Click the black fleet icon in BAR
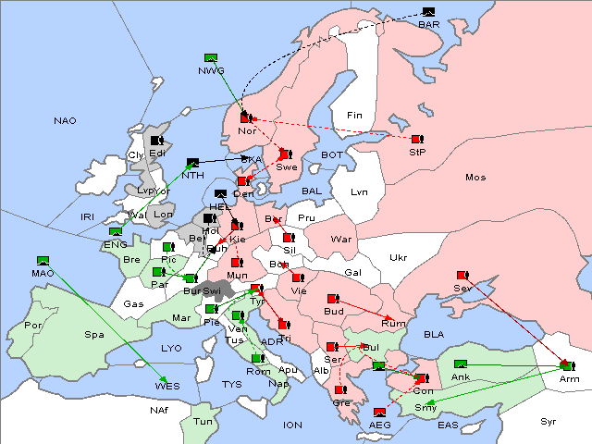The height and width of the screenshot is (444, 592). click(x=428, y=12)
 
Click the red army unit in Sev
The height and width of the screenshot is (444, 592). click(x=462, y=276)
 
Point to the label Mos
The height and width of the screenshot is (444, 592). click(x=475, y=177)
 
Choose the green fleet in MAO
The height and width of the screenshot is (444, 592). click(x=43, y=261)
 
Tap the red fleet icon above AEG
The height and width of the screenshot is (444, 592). click(x=378, y=413)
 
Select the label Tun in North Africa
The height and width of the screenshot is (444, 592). click(x=203, y=422)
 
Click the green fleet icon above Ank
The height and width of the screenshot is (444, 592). click(x=462, y=364)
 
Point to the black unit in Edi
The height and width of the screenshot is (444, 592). click(x=156, y=142)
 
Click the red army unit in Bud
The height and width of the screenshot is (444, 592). click(x=333, y=299)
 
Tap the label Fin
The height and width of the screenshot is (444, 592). click(x=352, y=116)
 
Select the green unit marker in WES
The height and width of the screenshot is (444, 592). click(x=163, y=380)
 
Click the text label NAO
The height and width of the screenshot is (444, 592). click(x=65, y=121)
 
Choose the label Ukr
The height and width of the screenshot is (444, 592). click(x=398, y=257)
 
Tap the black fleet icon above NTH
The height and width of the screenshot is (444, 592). click(x=192, y=163)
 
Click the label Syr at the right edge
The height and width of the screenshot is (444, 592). click(x=549, y=421)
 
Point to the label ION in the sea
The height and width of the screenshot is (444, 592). click(x=292, y=425)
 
